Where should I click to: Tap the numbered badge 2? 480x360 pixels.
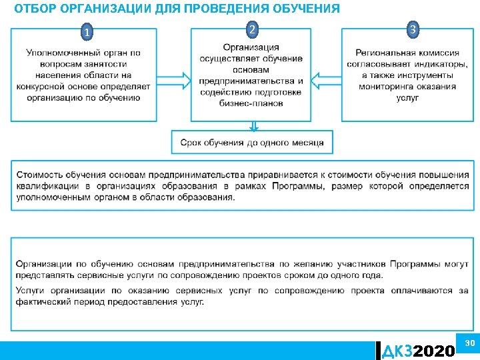click(x=251, y=29)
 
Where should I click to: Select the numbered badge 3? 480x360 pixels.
click(x=413, y=29)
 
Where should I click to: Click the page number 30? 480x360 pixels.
click(x=469, y=342)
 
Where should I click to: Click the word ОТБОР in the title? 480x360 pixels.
click(x=35, y=9)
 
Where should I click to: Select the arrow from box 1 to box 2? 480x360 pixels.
click(x=175, y=75)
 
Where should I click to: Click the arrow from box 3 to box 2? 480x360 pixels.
click(x=327, y=75)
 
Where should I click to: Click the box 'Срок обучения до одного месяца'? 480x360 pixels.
click(x=252, y=143)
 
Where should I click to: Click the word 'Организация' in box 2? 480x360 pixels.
click(x=251, y=47)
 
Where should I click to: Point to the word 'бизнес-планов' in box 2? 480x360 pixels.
click(x=251, y=103)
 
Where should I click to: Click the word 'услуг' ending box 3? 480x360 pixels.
click(x=407, y=97)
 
